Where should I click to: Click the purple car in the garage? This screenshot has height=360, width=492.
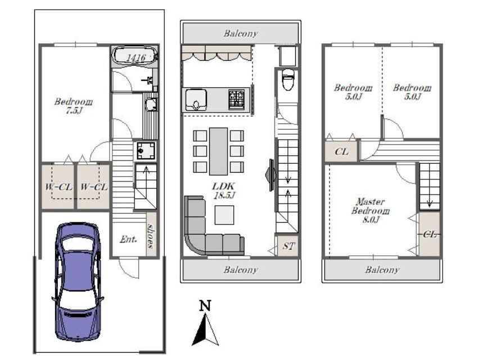[78, 281]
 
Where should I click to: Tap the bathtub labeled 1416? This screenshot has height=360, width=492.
[135, 56]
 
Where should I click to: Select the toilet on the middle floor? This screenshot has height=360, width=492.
[288, 79]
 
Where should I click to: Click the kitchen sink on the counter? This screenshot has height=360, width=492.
[196, 100]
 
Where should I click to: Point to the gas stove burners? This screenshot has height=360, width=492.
[237, 100]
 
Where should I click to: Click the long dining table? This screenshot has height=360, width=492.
[218, 151]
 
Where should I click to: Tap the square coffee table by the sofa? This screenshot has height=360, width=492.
[224, 215]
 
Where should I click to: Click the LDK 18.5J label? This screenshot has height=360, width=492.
[223, 191]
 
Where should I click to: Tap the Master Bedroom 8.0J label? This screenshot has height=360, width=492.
[371, 210]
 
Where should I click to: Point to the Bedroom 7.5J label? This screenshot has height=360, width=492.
[74, 106]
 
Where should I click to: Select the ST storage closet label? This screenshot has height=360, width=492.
[288, 246]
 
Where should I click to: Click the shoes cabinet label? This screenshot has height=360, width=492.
[152, 236]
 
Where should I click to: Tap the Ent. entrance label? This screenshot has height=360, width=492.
[128, 240]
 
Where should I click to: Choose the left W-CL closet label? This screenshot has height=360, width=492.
[58, 187]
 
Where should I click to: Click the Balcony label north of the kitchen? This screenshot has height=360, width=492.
[241, 33]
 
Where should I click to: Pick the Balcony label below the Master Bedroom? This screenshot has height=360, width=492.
[382, 269]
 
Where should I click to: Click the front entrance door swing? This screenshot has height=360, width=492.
[129, 267]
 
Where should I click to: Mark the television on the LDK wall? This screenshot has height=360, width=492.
[271, 175]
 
